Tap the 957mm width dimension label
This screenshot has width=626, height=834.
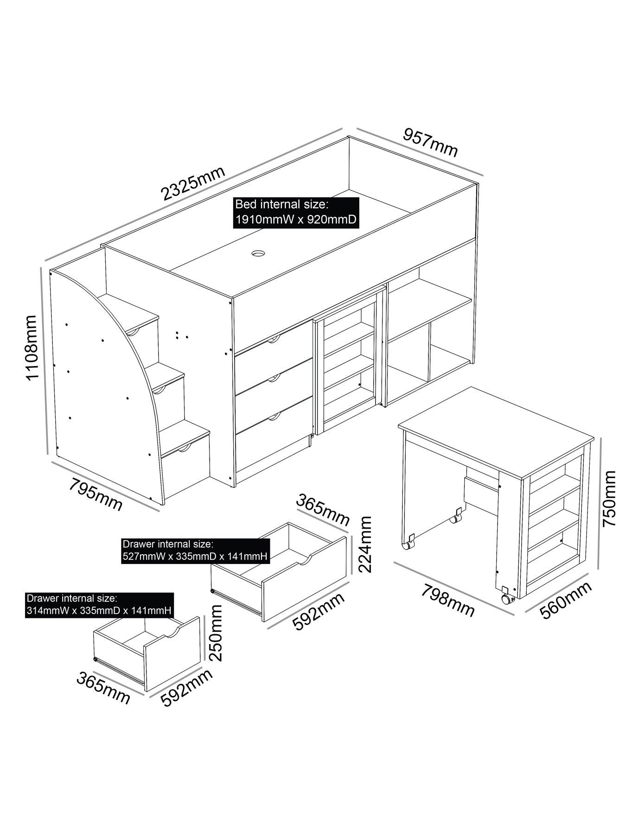coord(430,142)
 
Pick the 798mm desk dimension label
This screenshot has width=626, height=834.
coord(448,600)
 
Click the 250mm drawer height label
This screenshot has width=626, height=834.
coord(216,634)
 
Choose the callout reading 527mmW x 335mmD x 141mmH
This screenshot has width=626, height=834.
coord(195,551)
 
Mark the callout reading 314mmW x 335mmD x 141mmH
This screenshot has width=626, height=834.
coord(100,605)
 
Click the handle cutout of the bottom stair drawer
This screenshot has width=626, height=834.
coord(185,448)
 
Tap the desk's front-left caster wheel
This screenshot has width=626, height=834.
coord(408,545)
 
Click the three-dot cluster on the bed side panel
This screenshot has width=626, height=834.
coord(181,335)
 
